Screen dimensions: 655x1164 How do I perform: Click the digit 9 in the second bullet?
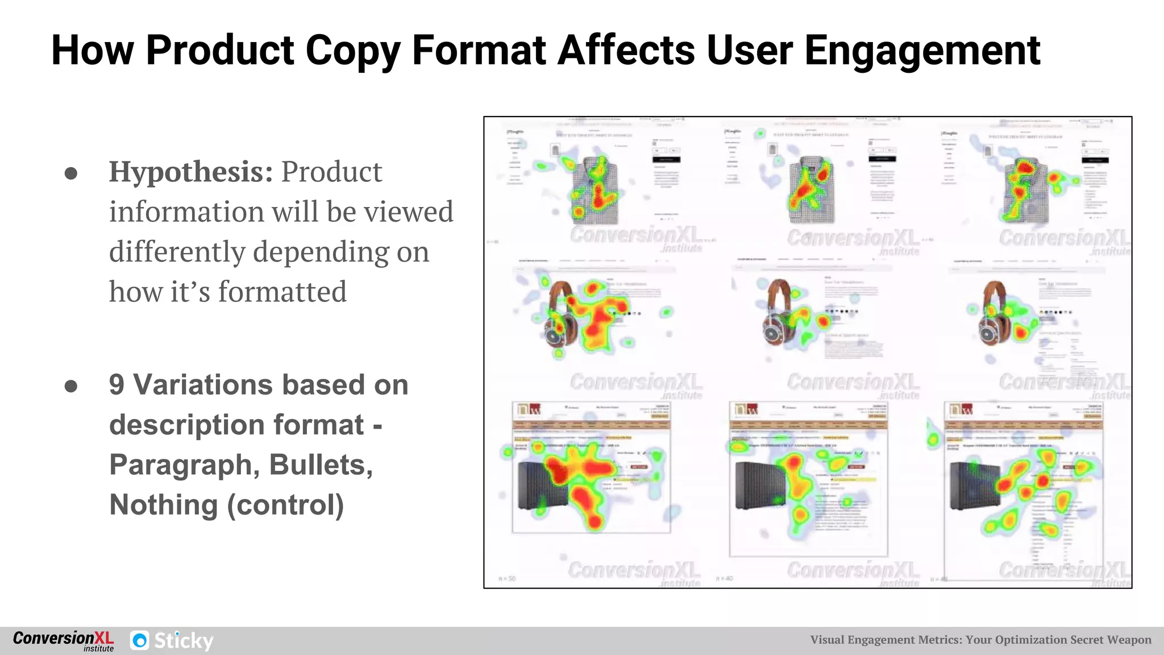(x=117, y=385)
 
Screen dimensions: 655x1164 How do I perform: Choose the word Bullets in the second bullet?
(x=321, y=465)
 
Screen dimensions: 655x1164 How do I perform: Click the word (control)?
(x=286, y=505)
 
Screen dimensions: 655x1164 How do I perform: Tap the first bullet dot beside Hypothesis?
(x=71, y=173)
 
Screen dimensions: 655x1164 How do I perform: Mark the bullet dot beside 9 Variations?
(x=71, y=387)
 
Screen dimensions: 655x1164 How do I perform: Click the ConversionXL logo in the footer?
(x=63, y=640)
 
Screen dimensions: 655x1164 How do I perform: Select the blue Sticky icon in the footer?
(x=140, y=641)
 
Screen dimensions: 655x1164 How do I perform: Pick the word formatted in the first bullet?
(x=282, y=292)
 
